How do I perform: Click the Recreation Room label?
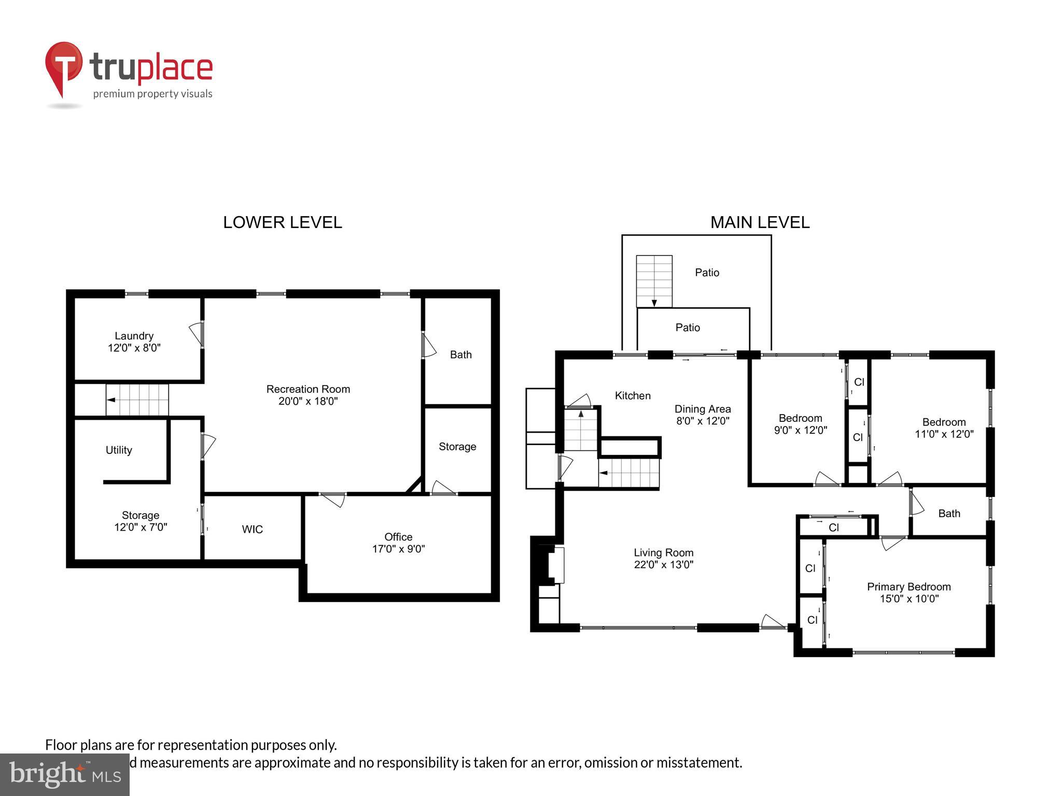tap(308, 389)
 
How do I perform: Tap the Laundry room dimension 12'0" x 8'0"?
tap(134, 348)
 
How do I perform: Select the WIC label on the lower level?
tap(252, 529)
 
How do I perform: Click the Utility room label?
tap(119, 450)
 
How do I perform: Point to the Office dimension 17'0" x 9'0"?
tap(398, 549)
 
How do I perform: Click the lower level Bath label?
tap(460, 354)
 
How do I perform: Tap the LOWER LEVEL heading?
tap(282, 222)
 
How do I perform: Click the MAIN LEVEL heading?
tap(759, 222)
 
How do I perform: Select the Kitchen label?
tap(632, 395)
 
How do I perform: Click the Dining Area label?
tap(702, 409)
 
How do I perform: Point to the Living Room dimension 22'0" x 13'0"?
tap(663, 564)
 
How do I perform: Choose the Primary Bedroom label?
tap(909, 587)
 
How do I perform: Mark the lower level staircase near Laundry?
tap(137, 400)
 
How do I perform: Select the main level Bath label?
tap(949, 513)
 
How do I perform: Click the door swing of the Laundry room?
tap(197, 334)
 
